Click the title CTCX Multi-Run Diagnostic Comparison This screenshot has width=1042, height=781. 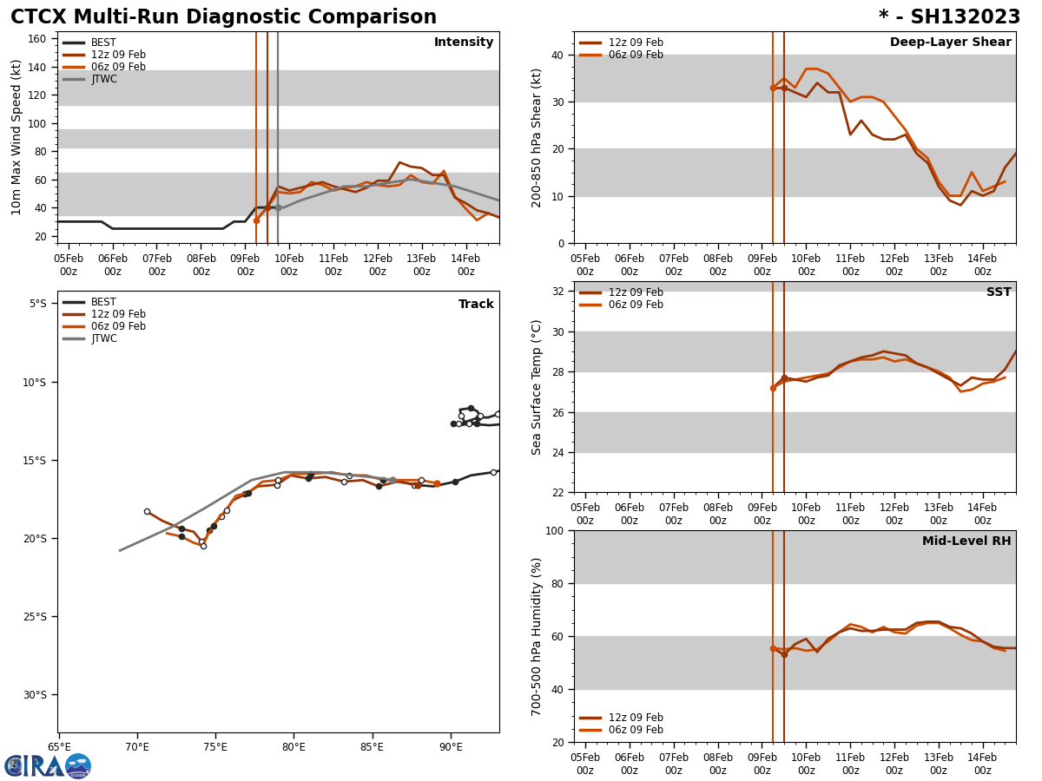click(x=223, y=17)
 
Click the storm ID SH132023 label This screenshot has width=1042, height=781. click(x=949, y=17)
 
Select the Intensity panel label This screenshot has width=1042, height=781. click(x=464, y=43)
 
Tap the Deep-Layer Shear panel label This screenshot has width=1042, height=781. click(x=950, y=43)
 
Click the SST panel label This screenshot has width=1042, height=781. click(x=999, y=292)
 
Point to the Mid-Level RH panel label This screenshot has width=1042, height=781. click(x=966, y=541)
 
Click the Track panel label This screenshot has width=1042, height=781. click(x=476, y=305)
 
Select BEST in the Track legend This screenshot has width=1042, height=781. click(x=103, y=302)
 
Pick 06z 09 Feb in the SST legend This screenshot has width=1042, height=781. click(x=636, y=305)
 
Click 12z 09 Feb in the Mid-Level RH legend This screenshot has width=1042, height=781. click(x=636, y=718)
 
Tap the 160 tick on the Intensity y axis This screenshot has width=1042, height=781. click(x=37, y=39)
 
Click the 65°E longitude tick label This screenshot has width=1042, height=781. click(x=59, y=747)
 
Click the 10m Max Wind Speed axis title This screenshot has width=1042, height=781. click(x=16, y=137)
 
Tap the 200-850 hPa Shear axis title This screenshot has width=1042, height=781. click(x=537, y=137)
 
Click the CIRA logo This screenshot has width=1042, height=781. click(x=48, y=765)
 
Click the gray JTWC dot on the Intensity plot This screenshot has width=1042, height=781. click(x=278, y=208)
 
